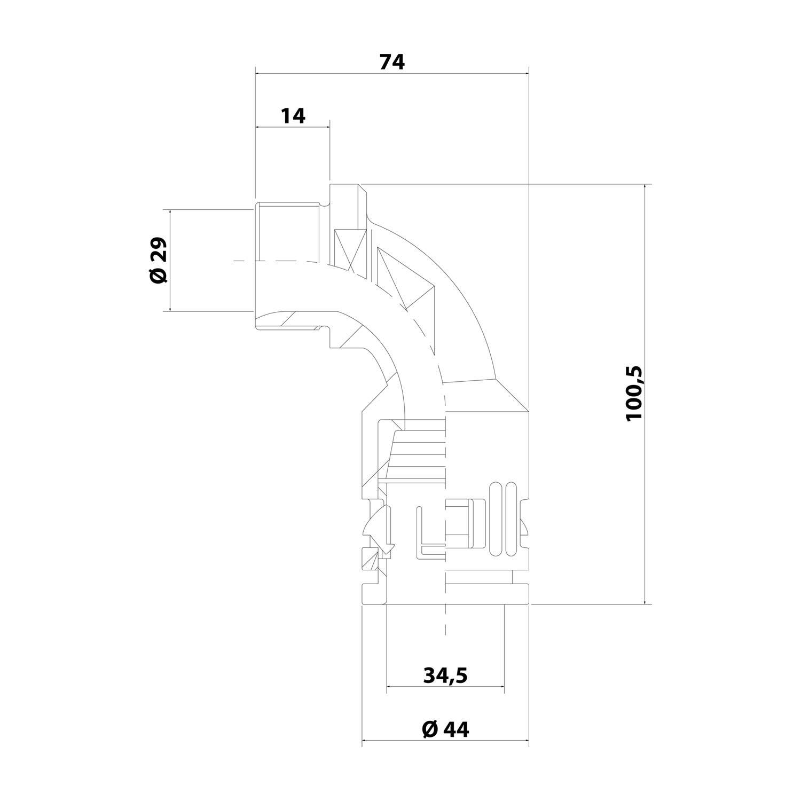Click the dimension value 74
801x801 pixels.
(392, 62)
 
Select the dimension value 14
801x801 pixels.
(293, 115)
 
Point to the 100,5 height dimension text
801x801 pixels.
(635, 394)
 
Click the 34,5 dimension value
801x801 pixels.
(445, 675)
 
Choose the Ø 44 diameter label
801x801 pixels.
(445, 728)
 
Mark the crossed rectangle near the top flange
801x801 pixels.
(350, 250)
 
